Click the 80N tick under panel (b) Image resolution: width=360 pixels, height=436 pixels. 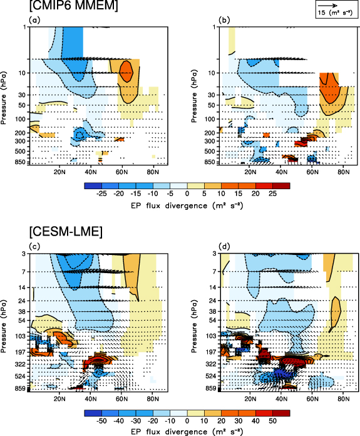[344, 172]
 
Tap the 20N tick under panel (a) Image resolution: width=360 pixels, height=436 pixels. [61, 172]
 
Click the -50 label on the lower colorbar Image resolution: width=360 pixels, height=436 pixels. [100, 422]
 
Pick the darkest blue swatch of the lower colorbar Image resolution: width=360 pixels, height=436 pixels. [91, 413]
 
